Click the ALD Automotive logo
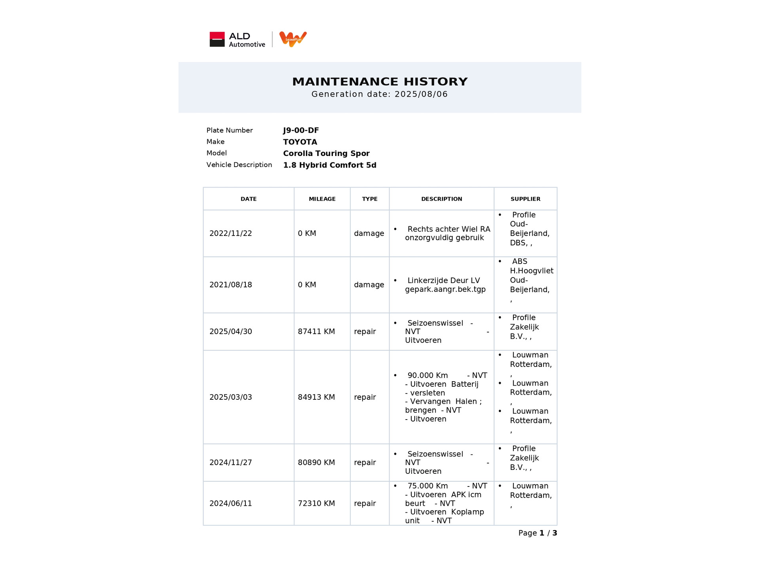click(237, 40)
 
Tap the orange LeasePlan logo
click(293, 39)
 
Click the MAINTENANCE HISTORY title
click(380, 82)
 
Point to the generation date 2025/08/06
click(421, 94)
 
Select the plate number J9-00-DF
click(301, 130)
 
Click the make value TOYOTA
click(300, 142)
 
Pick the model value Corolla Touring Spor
click(326, 154)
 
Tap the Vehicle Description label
click(239, 165)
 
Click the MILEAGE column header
click(322, 199)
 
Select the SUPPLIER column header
click(525, 199)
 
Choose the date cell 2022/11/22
click(230, 234)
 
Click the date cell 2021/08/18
click(230, 285)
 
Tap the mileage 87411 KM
click(316, 332)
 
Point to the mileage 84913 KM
click(316, 397)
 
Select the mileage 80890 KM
click(316, 463)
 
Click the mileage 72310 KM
click(316, 503)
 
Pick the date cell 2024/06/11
click(230, 503)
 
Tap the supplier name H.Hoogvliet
click(531, 271)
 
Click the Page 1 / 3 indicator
click(537, 533)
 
